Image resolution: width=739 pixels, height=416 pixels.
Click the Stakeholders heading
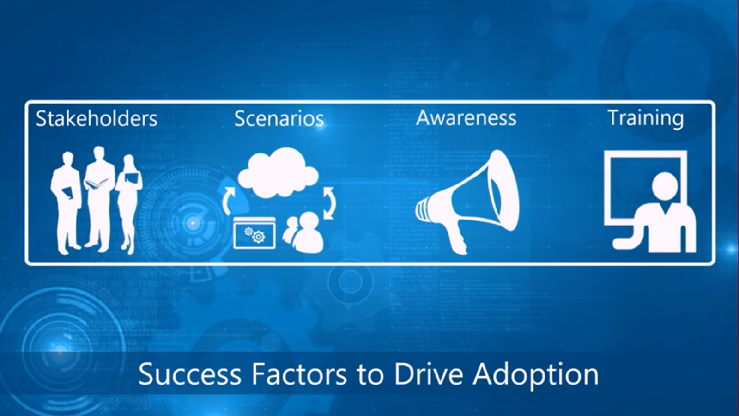(97, 119)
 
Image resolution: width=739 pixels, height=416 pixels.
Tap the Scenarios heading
(279, 119)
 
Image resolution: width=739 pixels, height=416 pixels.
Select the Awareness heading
(466, 118)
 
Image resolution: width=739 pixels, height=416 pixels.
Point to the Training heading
(645, 118)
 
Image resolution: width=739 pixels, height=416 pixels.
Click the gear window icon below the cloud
(254, 233)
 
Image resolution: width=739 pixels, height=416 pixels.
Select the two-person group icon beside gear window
(303, 233)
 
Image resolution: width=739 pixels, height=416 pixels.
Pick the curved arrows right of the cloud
(329, 202)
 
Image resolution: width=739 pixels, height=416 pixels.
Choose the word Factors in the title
(299, 374)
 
